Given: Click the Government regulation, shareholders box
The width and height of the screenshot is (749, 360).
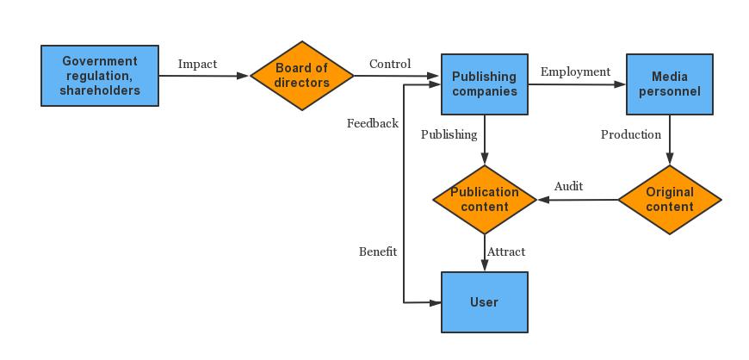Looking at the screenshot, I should (x=100, y=76).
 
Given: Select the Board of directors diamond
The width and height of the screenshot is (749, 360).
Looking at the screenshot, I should (x=302, y=76).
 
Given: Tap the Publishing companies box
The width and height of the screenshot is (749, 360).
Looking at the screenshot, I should (x=485, y=84).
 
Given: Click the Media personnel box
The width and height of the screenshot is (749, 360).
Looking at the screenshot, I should (x=669, y=84).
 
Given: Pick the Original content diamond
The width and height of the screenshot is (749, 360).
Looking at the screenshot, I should (x=669, y=200).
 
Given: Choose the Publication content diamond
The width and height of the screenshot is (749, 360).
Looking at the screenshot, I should (x=485, y=200).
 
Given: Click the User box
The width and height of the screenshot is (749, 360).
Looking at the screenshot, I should (x=485, y=302).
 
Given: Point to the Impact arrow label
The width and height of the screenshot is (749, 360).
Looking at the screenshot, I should (x=197, y=64).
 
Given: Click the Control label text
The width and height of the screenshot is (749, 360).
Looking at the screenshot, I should (x=390, y=64).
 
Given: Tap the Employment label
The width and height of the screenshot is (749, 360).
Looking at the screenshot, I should (x=575, y=71).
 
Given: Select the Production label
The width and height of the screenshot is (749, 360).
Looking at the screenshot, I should (x=631, y=134).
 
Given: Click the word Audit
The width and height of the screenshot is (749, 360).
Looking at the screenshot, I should (x=568, y=186).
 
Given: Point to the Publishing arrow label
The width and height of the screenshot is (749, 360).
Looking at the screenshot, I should (x=449, y=134).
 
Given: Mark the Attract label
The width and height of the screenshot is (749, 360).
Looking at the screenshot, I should (x=506, y=251).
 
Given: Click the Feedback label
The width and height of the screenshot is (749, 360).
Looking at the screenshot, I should (x=372, y=123).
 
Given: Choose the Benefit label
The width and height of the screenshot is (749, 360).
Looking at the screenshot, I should (x=378, y=251).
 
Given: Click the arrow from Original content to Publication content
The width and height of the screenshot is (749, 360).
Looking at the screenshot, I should (x=579, y=200).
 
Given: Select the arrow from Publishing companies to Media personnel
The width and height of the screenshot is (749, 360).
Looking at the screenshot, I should (x=577, y=84).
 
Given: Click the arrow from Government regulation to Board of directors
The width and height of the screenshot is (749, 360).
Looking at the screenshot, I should (x=204, y=76).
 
